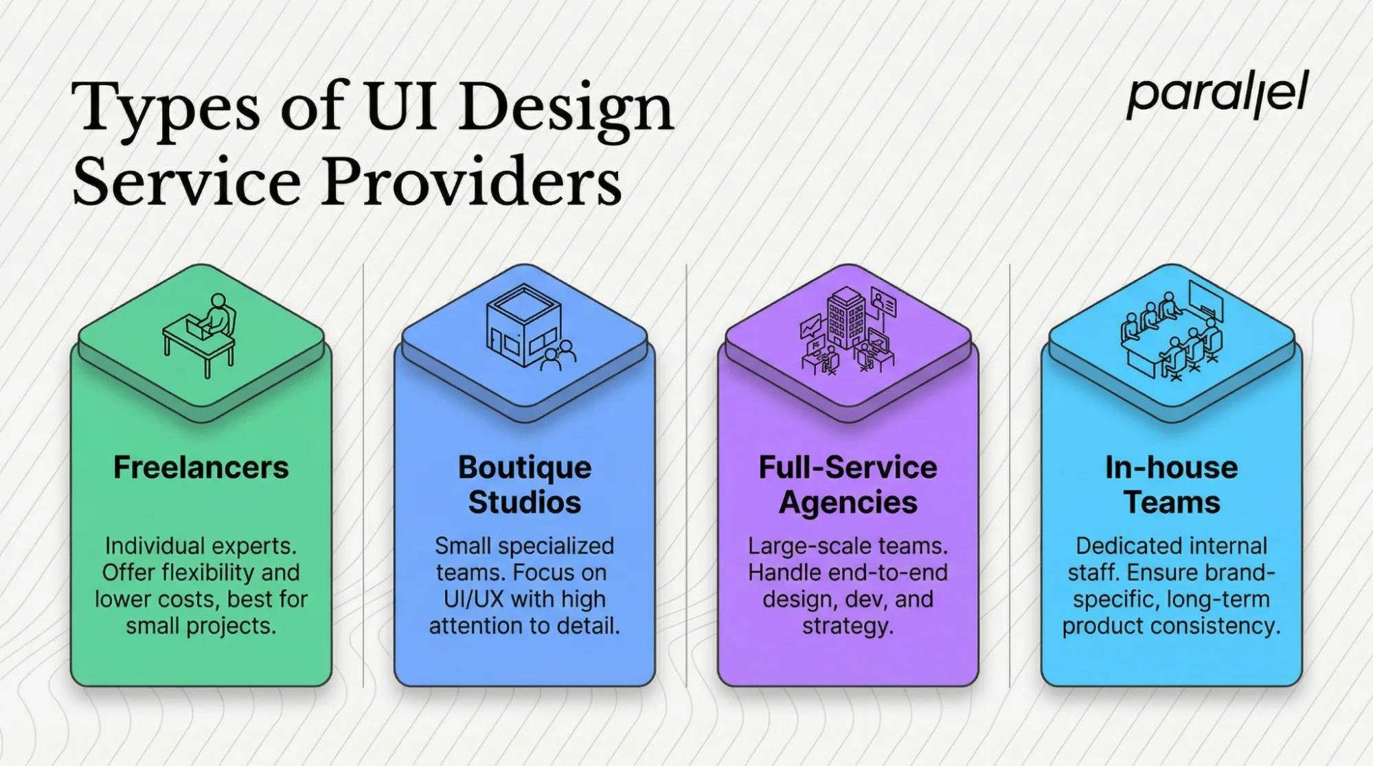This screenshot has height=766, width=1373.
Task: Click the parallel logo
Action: pos(1217,95)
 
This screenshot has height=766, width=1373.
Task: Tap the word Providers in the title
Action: pos(472,183)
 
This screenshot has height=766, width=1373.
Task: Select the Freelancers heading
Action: pos(201,468)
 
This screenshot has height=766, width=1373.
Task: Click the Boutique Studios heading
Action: pos(525,485)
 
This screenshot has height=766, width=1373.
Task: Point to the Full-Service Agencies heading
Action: pos(848,485)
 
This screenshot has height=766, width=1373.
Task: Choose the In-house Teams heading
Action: pos(1172,485)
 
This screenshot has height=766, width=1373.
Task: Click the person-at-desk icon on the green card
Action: pos(201,336)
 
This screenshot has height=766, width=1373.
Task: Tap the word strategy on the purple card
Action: pos(848,626)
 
